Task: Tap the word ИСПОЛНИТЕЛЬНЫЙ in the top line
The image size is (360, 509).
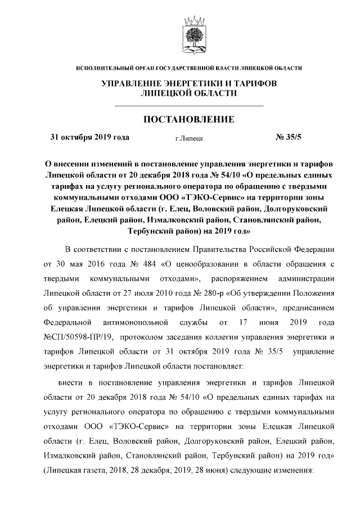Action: [105, 68]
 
